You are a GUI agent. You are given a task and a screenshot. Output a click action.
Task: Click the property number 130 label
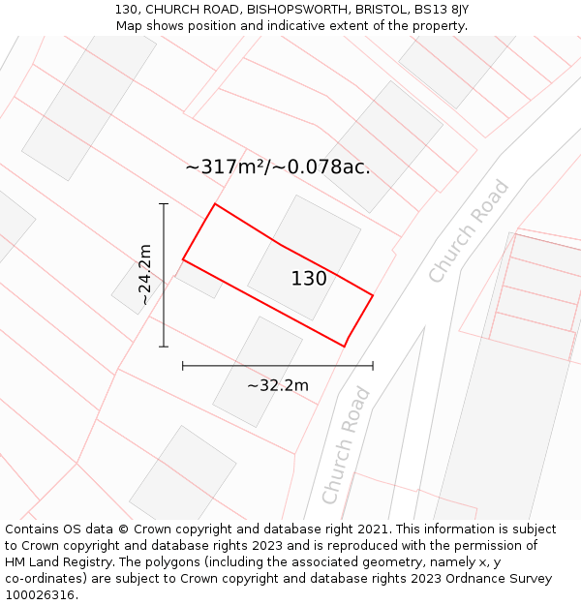pos(309,279)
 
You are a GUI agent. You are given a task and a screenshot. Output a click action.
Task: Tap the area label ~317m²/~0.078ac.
pos(278,167)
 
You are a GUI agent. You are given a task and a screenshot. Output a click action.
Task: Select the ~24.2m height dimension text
pos(145,275)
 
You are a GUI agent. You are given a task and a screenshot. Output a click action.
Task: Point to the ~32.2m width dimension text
pos(278,385)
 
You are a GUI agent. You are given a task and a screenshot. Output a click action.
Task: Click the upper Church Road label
pos(469,232)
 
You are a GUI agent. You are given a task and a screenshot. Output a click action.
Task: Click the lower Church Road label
pos(346,445)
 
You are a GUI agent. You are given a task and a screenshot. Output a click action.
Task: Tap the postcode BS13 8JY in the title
pos(441,9)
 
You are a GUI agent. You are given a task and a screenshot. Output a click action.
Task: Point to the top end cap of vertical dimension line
pos(164,204)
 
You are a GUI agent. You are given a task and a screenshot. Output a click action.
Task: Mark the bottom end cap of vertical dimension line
pos(164,346)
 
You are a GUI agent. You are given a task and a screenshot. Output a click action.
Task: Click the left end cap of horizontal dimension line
pos(183,366)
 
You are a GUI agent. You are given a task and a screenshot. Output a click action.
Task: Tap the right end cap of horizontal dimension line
pos(373,366)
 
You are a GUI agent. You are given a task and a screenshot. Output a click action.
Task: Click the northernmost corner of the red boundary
pos(215,204)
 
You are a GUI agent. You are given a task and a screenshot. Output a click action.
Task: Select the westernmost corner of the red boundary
pos(183,259)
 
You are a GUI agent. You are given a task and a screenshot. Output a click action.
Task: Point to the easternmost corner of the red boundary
pos(373,294)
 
